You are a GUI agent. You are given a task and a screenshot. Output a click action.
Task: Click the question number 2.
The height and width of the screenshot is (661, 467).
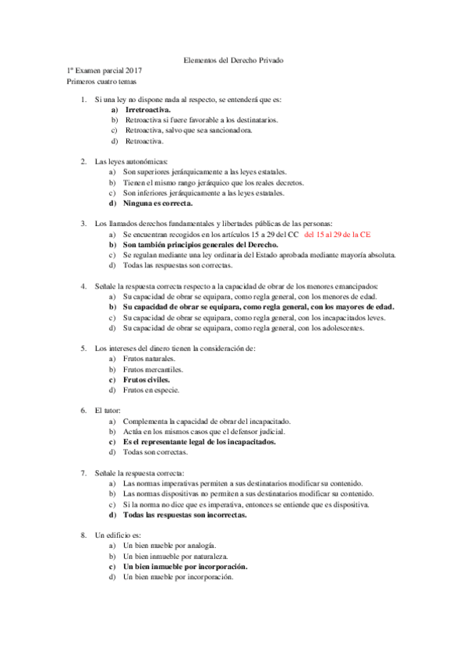point(83,161)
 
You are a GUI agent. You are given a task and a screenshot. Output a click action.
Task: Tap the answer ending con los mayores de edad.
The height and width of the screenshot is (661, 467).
point(258,306)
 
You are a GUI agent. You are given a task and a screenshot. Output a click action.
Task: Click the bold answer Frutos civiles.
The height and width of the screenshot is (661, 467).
point(147,379)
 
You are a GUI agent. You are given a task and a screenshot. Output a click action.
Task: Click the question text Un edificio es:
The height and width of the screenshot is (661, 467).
point(118,536)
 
